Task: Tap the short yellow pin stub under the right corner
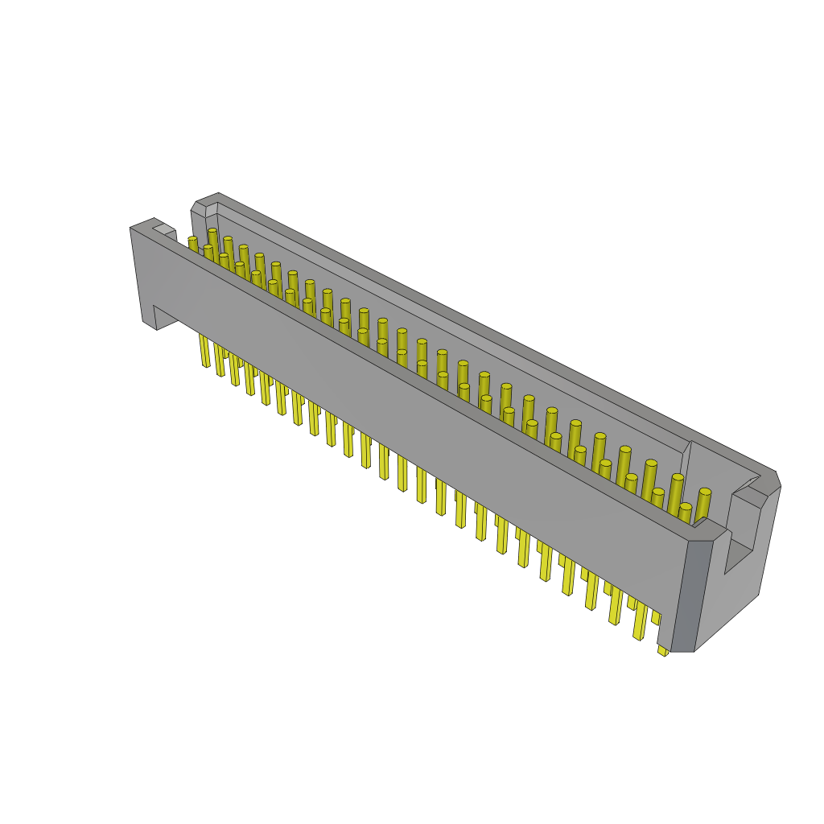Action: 662,649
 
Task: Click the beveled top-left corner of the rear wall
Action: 198,207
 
